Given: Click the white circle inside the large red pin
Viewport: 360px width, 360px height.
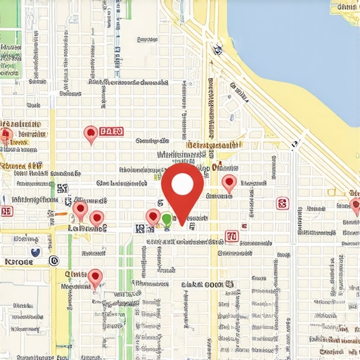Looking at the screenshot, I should coord(182,184).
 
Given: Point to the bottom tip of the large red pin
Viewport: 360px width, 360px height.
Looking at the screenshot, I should coord(183,226).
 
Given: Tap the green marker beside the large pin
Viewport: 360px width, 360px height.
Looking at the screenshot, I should coord(167,220).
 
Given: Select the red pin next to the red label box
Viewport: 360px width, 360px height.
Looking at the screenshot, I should coord(90,134).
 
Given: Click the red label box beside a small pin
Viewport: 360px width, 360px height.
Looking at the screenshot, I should coord(112,131).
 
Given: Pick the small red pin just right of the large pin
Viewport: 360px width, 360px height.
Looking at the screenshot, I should coord(229,184).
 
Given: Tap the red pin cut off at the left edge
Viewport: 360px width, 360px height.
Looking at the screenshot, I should coord(6,135).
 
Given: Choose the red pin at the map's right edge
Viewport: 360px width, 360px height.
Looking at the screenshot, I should coord(355,205).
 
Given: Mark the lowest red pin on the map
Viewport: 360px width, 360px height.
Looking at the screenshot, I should coord(96,277).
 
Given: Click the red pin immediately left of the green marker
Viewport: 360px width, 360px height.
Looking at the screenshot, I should coord(153,217).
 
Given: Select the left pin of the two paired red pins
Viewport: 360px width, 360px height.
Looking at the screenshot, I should coord(80,209).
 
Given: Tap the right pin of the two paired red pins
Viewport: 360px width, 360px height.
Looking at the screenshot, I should coord(96,219).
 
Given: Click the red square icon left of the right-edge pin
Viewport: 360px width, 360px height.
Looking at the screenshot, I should coord(282,204).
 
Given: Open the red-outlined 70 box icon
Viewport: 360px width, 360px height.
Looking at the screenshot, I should coord(231,236).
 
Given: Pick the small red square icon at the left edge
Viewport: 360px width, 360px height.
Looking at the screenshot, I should coord(6,211).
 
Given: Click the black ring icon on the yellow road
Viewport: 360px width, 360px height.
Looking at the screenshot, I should coord(54,261).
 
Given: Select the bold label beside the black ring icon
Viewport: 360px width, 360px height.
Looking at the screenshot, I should coord(20,262).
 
